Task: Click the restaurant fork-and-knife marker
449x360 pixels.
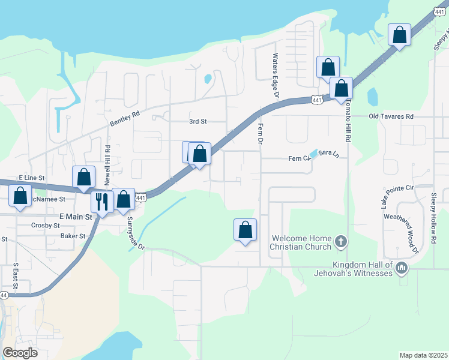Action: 102,202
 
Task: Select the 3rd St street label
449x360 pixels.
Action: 198,121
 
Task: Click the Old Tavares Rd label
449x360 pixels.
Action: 391,116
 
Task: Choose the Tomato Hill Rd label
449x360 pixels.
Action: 347,121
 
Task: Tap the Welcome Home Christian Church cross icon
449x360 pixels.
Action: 341,242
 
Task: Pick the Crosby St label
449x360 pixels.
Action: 46,226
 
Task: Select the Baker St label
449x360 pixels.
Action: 73,236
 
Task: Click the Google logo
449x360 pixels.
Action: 20,353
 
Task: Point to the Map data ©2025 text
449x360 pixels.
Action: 423,355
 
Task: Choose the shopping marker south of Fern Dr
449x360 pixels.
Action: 245,230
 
